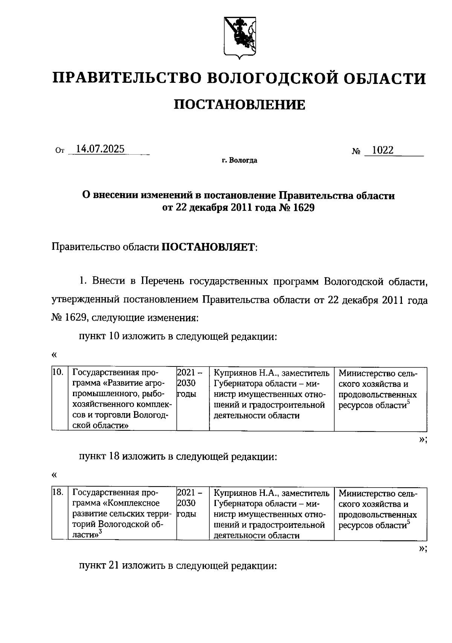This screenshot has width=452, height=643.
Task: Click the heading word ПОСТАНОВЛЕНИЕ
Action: tap(240, 105)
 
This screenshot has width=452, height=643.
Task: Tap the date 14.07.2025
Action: tap(100, 149)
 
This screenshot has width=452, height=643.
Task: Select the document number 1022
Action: tap(383, 150)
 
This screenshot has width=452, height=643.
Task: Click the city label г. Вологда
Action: tap(240, 161)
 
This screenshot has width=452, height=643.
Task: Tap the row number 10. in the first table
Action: tap(58, 373)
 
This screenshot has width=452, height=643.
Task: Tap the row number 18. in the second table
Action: tap(58, 493)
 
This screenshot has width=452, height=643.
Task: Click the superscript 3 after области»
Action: tap(101, 532)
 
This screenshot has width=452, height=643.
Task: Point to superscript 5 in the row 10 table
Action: tap(408, 403)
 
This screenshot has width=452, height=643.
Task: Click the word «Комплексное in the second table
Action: tap(131, 503)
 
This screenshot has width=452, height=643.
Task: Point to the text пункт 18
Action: tap(99, 457)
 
